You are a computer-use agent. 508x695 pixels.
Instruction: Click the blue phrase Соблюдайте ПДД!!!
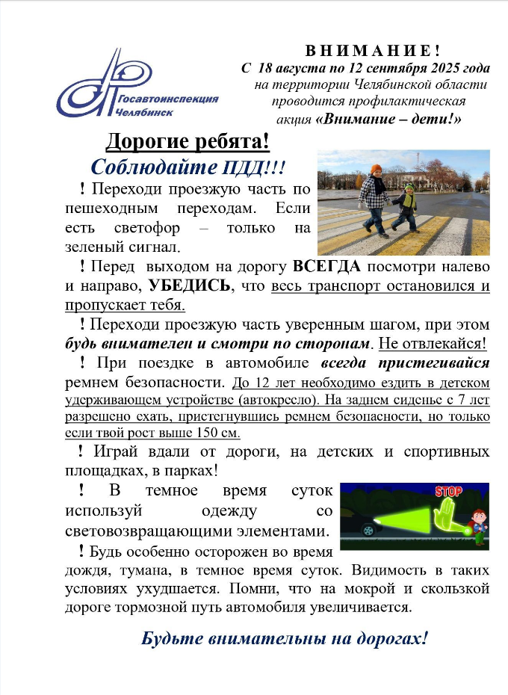point(188,166)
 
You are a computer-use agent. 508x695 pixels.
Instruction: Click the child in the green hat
point(406,206)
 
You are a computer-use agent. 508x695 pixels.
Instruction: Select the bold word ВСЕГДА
point(326,266)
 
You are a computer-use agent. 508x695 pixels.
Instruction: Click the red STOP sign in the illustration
point(447,491)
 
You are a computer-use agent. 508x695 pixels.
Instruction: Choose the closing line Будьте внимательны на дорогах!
point(285,639)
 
